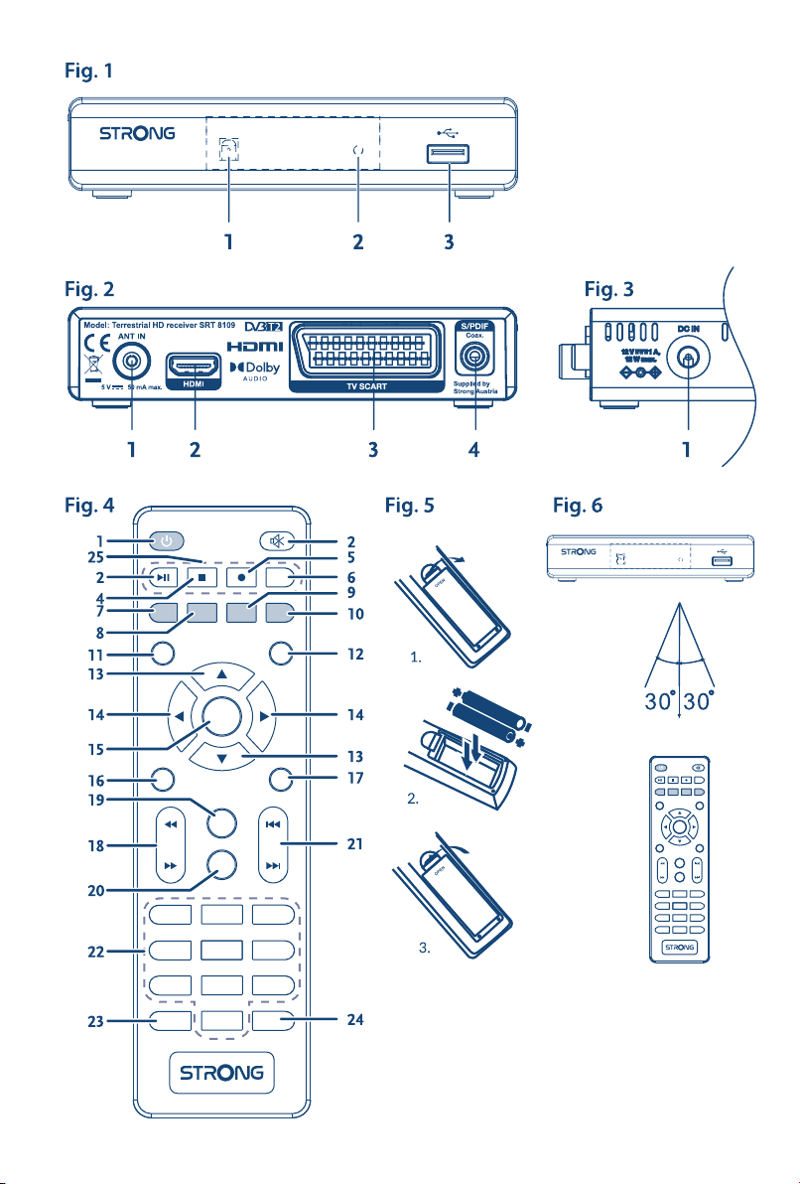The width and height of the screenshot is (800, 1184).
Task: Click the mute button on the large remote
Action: pos(275,541)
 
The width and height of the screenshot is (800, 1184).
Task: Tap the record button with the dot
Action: pos(239,576)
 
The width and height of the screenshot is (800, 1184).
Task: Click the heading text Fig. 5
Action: pos(409,506)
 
